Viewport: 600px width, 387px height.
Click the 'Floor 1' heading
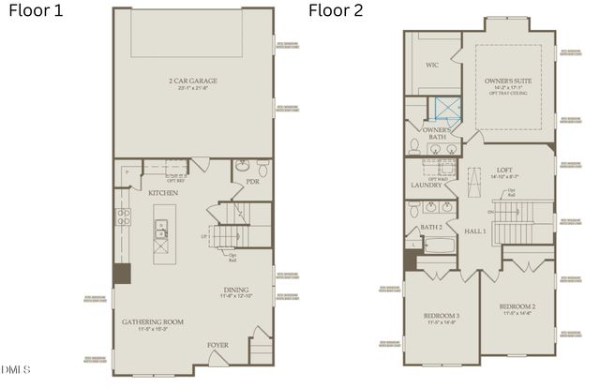pyautogui.click(x=37, y=12)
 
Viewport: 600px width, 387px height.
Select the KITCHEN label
pyautogui.click(x=163, y=192)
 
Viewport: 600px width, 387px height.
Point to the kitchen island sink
pyautogui.click(x=162, y=226)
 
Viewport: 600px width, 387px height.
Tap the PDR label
pyautogui.click(x=251, y=182)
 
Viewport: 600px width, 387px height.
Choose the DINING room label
pyautogui.click(x=235, y=290)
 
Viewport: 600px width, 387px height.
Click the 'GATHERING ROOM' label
pyautogui.click(x=152, y=321)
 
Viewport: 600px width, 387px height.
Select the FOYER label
pyautogui.click(x=217, y=345)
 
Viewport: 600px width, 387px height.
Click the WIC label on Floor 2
pyautogui.click(x=432, y=66)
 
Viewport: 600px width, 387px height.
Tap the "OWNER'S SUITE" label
pyautogui.click(x=506, y=82)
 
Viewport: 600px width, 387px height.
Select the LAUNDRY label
pyautogui.click(x=426, y=186)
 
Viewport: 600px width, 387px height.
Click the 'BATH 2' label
pyautogui.click(x=431, y=228)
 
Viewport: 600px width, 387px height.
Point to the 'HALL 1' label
pyautogui.click(x=473, y=230)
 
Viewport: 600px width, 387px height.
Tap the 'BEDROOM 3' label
pyautogui.click(x=440, y=316)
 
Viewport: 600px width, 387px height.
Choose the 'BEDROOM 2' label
pyautogui.click(x=517, y=307)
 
